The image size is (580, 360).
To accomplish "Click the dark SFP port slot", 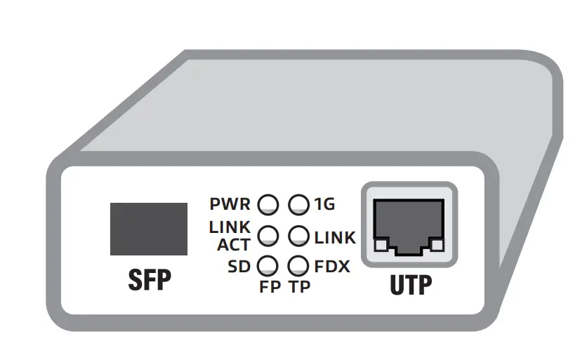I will coord(149,229).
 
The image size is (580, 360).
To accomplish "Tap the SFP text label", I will coord(149,280).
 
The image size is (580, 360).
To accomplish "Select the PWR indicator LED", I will coord(268,205).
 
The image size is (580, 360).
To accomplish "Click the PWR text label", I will coord(230,205).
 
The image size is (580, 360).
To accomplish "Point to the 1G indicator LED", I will coord(299,205).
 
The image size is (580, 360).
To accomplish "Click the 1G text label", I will coord(324,205).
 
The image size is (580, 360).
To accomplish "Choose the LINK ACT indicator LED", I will coord(268,236).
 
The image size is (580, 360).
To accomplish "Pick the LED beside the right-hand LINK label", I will coord(299,236).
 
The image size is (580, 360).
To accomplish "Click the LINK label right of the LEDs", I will coord(335,238).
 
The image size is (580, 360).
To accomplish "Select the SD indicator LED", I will coord(268,266).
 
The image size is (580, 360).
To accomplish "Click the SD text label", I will coord(239,267).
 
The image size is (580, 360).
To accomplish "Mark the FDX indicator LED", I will coord(299,266).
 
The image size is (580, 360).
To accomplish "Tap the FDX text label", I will coord(332,267).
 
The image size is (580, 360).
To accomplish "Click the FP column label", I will coord(270,288).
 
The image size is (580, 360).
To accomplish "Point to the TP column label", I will coord(300,288).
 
